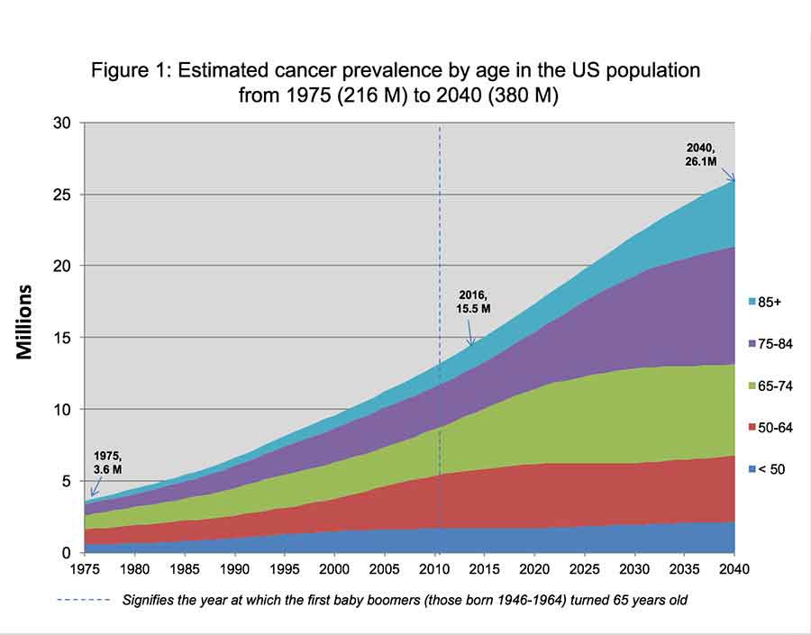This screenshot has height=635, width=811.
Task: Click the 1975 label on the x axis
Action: tap(85, 569)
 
